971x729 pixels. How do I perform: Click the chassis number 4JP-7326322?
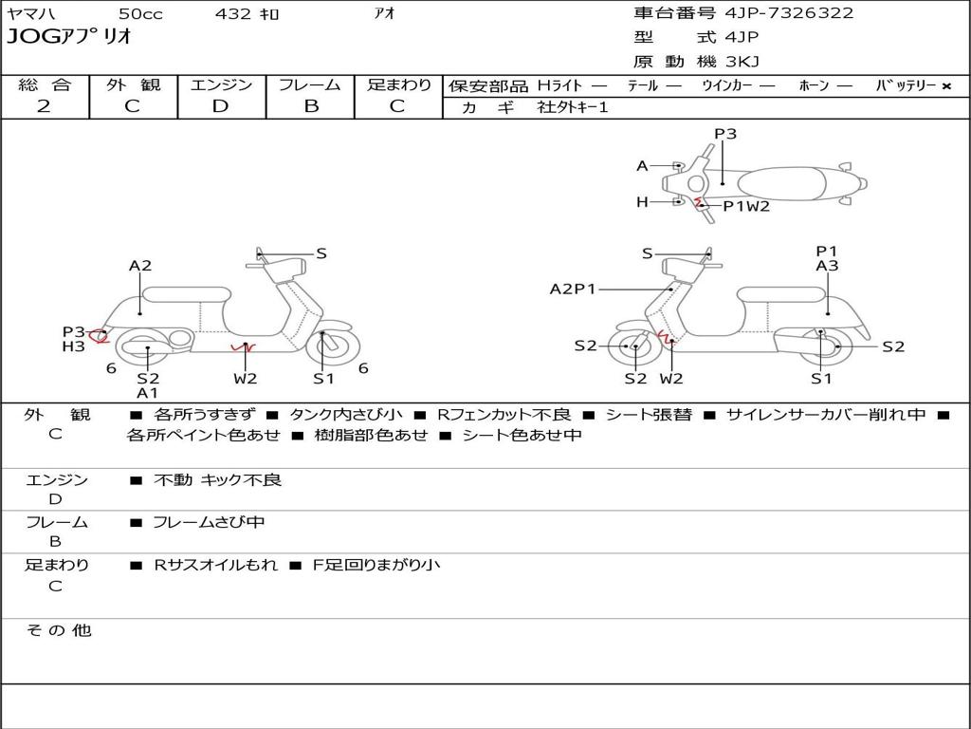click(x=788, y=13)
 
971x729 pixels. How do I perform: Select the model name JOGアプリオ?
click(x=69, y=37)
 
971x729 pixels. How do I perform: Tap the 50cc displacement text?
click(x=140, y=13)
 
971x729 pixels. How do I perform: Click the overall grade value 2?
click(x=44, y=106)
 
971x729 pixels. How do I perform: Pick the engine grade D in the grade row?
click(x=220, y=106)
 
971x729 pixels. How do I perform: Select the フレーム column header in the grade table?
click(x=309, y=84)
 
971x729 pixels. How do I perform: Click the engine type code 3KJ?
click(x=742, y=62)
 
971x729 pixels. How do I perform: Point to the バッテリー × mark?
click(x=946, y=86)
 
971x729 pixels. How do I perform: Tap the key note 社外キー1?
click(x=573, y=107)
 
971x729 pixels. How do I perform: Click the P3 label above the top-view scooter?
click(x=725, y=134)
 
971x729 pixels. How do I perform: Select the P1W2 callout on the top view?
click(x=746, y=206)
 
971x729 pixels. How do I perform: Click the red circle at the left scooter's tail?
click(x=98, y=337)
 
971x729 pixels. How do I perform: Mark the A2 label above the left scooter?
click(x=140, y=266)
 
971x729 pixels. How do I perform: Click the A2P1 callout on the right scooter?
click(x=572, y=289)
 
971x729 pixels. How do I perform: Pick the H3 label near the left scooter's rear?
click(x=73, y=346)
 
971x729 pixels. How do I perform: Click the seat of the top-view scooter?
click(x=781, y=184)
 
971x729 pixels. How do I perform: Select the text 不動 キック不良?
click(x=217, y=480)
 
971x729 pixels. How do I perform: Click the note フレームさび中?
click(x=209, y=523)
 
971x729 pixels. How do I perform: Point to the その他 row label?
click(x=59, y=630)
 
